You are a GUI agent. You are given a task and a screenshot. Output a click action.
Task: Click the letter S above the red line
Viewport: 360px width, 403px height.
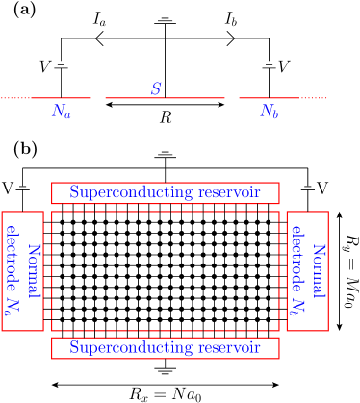click(156, 88)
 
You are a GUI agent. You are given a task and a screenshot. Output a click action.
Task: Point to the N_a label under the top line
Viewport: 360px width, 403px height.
click(62, 112)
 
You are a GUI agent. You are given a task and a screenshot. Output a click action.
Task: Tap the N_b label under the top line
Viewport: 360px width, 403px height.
click(270, 112)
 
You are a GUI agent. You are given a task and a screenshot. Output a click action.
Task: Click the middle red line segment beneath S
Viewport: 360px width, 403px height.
click(165, 98)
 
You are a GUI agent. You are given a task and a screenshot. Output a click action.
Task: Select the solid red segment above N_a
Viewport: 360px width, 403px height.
click(61, 98)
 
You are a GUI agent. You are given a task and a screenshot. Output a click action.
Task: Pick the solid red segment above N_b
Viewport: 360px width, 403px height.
click(269, 98)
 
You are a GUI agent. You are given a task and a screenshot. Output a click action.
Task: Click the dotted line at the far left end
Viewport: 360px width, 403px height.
click(13, 98)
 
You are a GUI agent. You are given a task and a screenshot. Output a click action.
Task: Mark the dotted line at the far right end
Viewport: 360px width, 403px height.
click(314, 98)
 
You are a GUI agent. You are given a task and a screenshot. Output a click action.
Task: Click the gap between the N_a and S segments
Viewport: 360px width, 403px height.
click(98, 98)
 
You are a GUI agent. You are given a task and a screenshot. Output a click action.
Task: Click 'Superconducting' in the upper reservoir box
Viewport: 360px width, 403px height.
click(128, 193)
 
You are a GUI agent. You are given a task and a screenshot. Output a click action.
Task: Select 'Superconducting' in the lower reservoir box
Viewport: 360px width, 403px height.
click(128, 348)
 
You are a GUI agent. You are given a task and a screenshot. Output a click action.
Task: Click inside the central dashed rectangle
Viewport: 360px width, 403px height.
click(166, 270)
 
